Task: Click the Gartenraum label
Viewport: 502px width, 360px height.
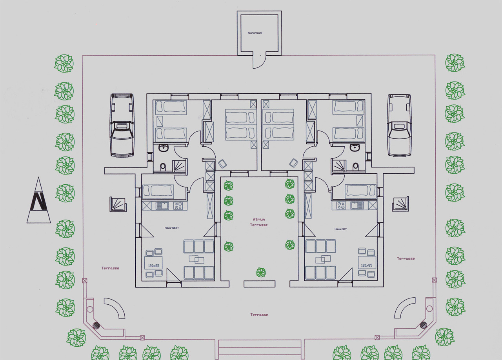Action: (255, 33)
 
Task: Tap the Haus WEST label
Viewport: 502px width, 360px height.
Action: (172, 228)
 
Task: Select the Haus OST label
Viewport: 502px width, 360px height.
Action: (341, 229)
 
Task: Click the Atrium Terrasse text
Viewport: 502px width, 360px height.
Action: (259, 222)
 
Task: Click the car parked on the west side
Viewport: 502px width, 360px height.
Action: (122, 125)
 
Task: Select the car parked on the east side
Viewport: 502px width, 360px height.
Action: (400, 125)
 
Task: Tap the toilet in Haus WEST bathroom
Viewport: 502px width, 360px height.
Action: (163, 167)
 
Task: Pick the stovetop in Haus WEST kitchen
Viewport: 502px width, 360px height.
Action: (178, 206)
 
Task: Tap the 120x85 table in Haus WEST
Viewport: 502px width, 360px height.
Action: (153, 263)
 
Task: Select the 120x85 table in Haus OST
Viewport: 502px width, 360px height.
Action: (367, 262)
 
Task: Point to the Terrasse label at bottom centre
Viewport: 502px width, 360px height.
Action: (259, 315)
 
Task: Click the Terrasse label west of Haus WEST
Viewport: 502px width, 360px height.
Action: (110, 268)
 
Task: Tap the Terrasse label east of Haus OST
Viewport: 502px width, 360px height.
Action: (406, 258)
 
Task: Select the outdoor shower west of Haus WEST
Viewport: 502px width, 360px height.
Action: (118, 204)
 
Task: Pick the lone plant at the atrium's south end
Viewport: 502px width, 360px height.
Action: (261, 273)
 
